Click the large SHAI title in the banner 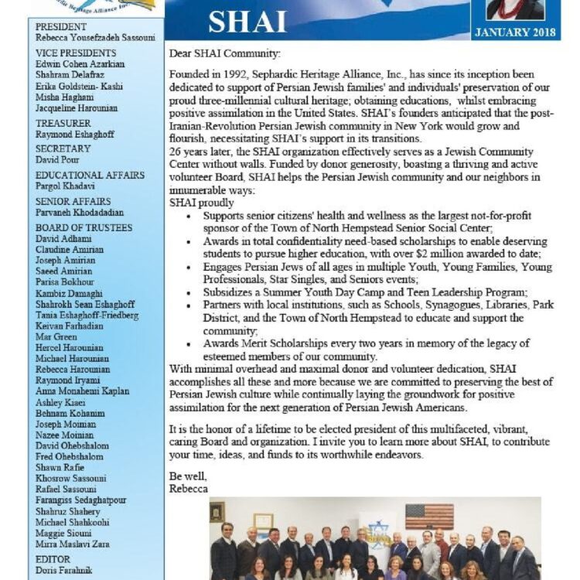point(248,22)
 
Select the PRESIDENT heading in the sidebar point(62,26)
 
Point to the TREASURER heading point(64,122)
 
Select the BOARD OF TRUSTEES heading point(84,228)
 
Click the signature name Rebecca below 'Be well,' point(189,489)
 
